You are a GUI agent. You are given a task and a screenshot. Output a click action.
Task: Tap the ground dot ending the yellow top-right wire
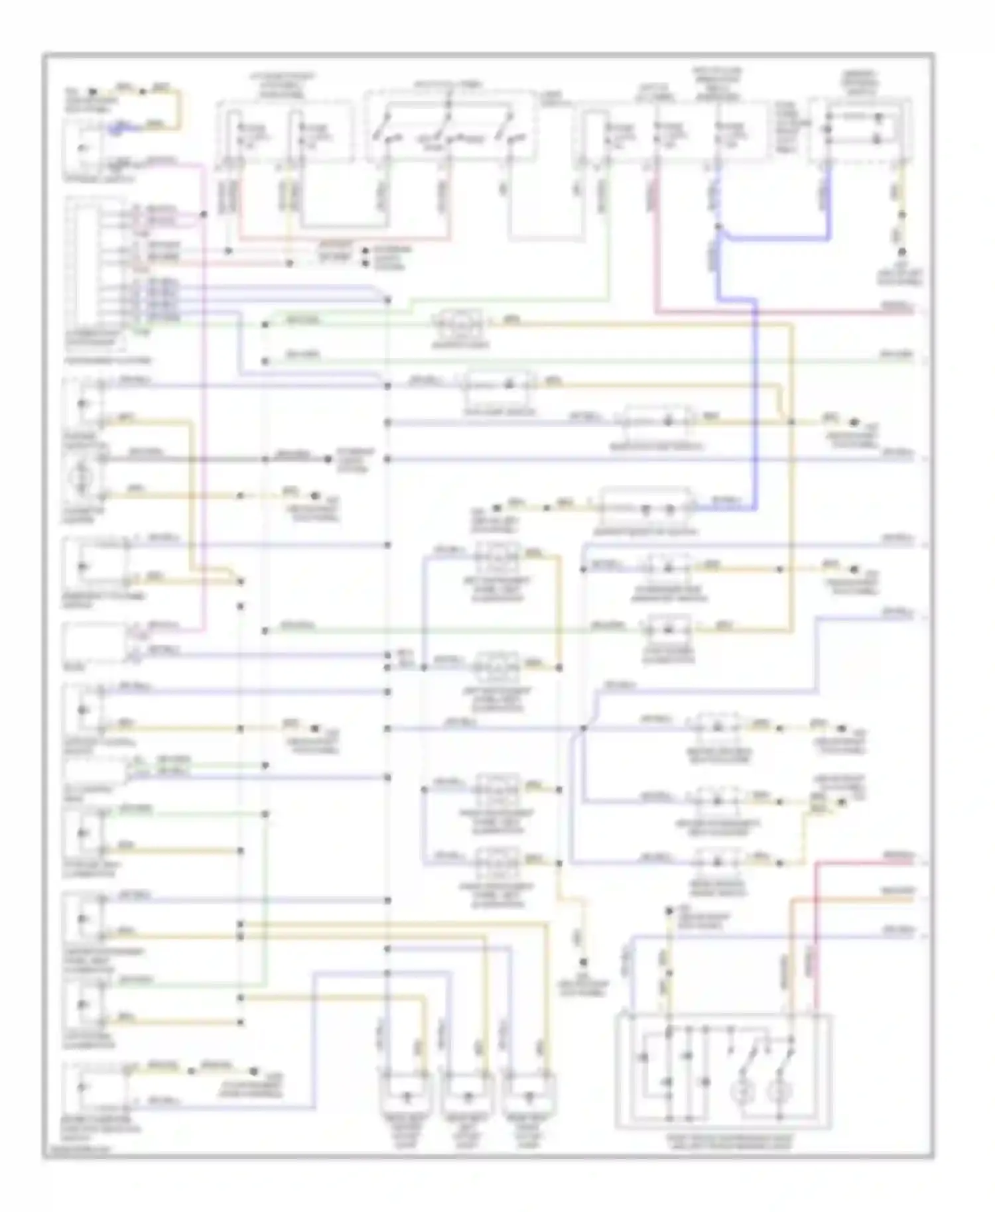coord(902,252)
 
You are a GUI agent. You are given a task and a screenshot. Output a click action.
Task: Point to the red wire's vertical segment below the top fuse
coord(657,239)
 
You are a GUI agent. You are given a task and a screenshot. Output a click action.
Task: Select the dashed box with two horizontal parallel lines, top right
coord(860,129)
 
